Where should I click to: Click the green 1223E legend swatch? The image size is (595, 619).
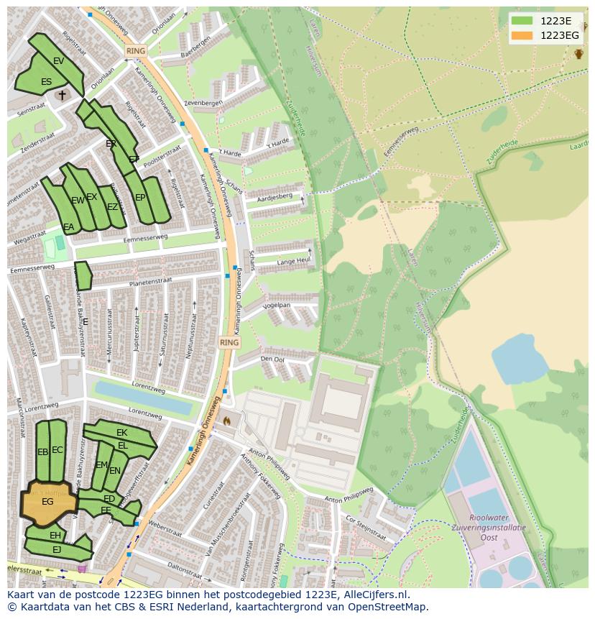pyautogui.click(x=522, y=21)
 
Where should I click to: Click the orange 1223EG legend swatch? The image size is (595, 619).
pyautogui.click(x=522, y=35)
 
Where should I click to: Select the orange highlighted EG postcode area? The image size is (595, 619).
pyautogui.click(x=47, y=501)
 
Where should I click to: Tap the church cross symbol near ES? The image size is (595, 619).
pyautogui.click(x=63, y=94)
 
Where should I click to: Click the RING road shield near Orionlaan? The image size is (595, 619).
pyautogui.click(x=135, y=51)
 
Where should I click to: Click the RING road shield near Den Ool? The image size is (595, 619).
pyautogui.click(x=229, y=343)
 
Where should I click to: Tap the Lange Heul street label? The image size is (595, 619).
pyautogui.click(x=293, y=260)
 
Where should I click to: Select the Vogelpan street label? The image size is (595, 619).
pyautogui.click(x=276, y=305)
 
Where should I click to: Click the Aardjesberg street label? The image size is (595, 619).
pyautogui.click(x=275, y=196)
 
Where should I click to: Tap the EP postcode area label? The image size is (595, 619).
pyautogui.click(x=140, y=198)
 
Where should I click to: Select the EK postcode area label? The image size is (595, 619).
pyautogui.click(x=121, y=432)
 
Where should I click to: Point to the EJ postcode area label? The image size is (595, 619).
pyautogui.click(x=57, y=549)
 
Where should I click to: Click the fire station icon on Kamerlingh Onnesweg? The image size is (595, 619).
pyautogui.click(x=228, y=420)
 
